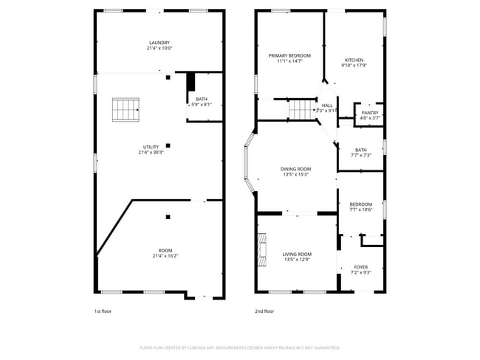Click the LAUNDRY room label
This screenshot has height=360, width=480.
coord(160,43)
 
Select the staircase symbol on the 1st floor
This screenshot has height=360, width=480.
coord(126,111)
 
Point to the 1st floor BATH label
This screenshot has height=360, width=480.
coord(202,100)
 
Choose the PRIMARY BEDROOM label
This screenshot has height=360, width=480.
coord(289,56)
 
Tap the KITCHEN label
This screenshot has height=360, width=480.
coord(354,60)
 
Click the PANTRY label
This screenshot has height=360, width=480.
coord(369,113)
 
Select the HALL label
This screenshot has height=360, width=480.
coord(326,105)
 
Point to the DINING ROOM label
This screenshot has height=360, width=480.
coord(295,169)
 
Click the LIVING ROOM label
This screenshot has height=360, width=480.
coord(297,255)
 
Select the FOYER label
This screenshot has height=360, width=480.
coord(360,267)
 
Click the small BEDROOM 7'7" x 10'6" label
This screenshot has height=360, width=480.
coord(360,204)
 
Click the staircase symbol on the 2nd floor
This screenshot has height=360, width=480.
coord(302,110)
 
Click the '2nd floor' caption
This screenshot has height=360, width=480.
coord(264,311)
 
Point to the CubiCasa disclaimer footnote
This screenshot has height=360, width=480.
coord(239,347)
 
